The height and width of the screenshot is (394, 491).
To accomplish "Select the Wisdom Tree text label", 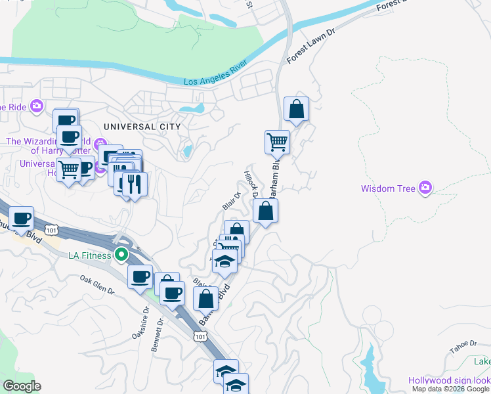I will [x=388, y=189].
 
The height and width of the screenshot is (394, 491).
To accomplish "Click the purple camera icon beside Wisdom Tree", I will [x=426, y=189].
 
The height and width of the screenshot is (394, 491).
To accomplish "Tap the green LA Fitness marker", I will [x=121, y=254].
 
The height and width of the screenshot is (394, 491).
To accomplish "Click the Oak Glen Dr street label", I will [x=97, y=286].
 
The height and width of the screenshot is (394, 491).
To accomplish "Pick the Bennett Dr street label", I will [x=158, y=336].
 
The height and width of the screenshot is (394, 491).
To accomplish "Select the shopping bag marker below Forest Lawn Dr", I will [x=297, y=108].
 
